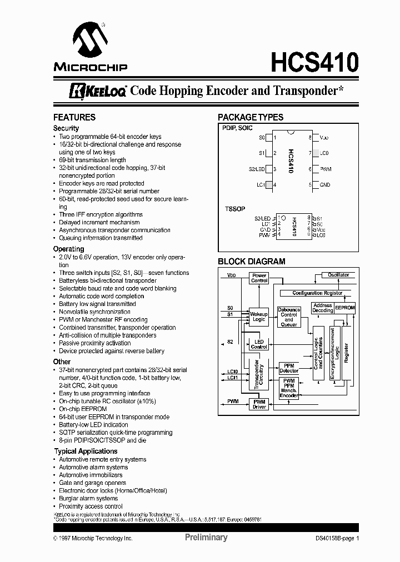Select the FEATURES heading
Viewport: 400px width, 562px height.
click(74, 117)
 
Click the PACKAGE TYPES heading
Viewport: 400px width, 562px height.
click(250, 117)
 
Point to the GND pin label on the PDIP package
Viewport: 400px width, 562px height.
click(325, 185)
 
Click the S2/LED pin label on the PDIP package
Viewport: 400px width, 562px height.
click(256, 169)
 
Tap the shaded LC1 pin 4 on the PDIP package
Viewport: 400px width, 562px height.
click(269, 185)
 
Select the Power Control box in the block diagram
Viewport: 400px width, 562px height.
click(259, 278)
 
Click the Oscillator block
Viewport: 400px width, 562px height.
click(338, 275)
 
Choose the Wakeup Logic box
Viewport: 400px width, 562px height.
click(259, 316)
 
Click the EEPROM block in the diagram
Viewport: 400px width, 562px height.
click(344, 307)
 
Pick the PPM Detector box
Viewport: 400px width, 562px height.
click(289, 368)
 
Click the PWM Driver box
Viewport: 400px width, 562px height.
click(259, 404)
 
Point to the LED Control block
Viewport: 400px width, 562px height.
click(259, 344)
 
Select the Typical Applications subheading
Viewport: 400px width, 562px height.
click(86, 451)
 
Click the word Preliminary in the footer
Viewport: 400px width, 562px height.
click(206, 538)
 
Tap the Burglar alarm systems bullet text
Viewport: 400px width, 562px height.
click(88, 499)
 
